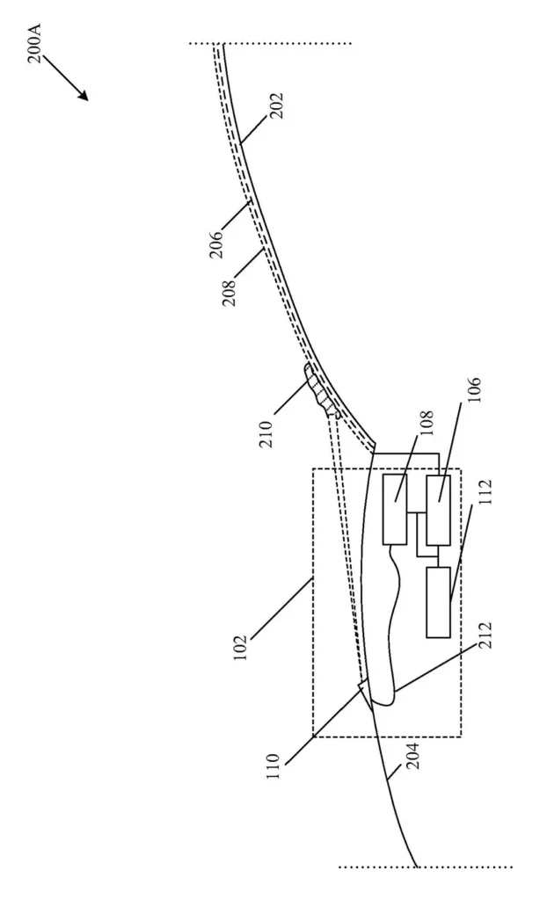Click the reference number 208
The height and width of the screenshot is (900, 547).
[x=230, y=293]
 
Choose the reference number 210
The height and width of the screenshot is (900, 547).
[x=265, y=434]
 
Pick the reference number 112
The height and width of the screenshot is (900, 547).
[x=485, y=493]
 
